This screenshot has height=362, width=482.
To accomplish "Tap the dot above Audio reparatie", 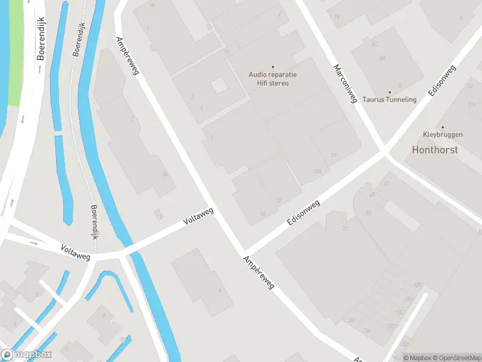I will (x=272, y=67).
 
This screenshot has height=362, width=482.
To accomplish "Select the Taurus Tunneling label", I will (x=390, y=100).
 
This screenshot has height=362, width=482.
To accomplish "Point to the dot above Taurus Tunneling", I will (x=389, y=92).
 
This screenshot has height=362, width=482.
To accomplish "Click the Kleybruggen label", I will (x=442, y=135).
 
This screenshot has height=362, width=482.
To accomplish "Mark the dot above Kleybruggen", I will (x=443, y=127).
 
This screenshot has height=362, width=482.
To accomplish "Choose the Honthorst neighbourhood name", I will (x=435, y=150).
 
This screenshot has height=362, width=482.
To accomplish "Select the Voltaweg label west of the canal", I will (x=75, y=252).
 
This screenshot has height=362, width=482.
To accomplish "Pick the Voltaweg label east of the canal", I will (x=199, y=218).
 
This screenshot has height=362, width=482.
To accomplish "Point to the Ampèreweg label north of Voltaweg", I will (x=128, y=55).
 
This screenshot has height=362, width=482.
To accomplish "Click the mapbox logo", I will (x=27, y=355).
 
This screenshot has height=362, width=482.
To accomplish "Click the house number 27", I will (x=345, y=229).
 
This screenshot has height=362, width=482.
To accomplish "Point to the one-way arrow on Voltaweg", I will (x=34, y=244).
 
